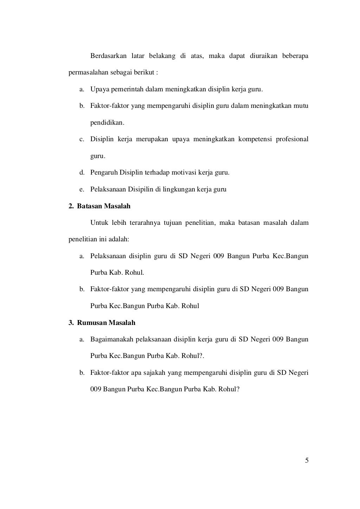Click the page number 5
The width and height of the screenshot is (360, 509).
[x=307, y=461]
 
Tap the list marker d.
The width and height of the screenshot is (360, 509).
[x=82, y=172]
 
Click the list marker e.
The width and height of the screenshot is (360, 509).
[x=82, y=189]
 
